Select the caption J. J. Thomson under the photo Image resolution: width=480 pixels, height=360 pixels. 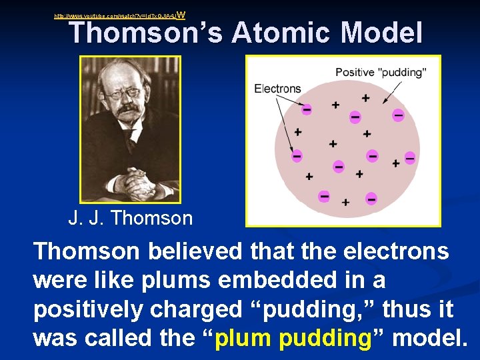130,218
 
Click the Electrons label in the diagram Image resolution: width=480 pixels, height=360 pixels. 277,89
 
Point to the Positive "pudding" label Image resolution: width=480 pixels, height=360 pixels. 381,72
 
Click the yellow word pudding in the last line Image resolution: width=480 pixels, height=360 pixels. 324,339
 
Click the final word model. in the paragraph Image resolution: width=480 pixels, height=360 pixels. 429,339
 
